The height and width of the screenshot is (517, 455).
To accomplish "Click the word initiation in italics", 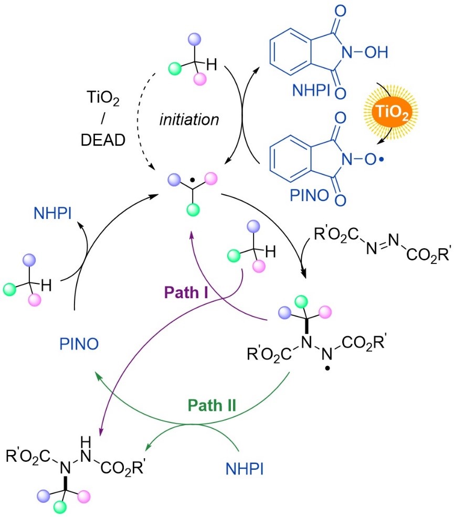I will pyautogui.click(x=189, y=119).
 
